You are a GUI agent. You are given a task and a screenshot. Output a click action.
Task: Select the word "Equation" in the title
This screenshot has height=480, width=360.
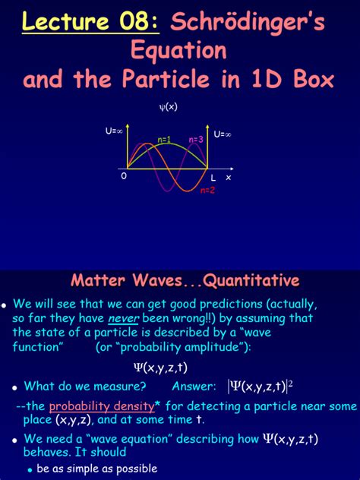pyautogui.click(x=179, y=51)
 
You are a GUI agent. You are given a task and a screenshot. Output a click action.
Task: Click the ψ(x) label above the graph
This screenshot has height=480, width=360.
pyautogui.click(x=168, y=107)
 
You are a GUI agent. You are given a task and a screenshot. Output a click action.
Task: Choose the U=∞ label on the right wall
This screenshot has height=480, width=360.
pyautogui.click(x=223, y=134)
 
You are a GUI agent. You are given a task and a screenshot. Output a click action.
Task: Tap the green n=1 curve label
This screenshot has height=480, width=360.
pyautogui.click(x=164, y=140)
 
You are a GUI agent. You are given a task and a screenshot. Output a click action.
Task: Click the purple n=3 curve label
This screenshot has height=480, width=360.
pyautogui.click(x=195, y=140)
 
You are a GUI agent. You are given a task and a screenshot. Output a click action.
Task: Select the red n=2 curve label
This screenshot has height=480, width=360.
pyautogui.click(x=207, y=190)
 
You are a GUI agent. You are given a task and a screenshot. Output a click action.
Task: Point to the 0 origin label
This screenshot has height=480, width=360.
pyautogui.click(x=124, y=175)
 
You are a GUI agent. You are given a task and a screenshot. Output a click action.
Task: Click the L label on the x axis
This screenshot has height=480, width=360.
pyautogui.click(x=213, y=177)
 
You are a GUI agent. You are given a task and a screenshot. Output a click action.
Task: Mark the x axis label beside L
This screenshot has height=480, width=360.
pyautogui.click(x=228, y=177)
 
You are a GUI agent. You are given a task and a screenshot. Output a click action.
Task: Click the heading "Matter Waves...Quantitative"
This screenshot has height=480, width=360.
pyautogui.click(x=185, y=280)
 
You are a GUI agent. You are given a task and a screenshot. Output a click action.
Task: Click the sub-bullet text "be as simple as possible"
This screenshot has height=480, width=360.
pyautogui.click(x=97, y=468)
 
